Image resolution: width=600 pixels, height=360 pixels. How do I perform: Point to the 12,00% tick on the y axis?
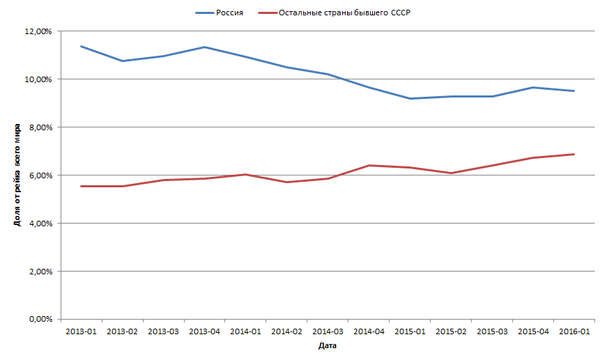(38, 31)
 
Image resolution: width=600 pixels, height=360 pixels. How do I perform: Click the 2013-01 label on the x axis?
(82, 331)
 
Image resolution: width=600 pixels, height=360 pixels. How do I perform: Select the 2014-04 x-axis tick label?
(369, 331)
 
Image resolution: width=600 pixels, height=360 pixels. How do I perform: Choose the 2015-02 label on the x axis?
(451, 331)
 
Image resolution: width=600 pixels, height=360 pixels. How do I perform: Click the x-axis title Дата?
(328, 345)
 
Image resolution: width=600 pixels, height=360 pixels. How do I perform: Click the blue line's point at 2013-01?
(82, 47)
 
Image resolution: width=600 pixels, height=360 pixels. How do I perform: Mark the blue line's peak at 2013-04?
(204, 47)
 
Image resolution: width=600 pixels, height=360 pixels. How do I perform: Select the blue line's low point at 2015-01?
(410, 99)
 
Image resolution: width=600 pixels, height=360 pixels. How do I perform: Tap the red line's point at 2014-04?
(369, 165)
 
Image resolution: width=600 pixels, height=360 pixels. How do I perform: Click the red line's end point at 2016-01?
(574, 154)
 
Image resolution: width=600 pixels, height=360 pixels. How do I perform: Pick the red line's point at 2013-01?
(82, 186)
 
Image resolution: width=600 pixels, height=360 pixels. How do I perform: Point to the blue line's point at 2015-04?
(532, 88)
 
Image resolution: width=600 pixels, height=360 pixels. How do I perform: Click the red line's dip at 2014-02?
(286, 182)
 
